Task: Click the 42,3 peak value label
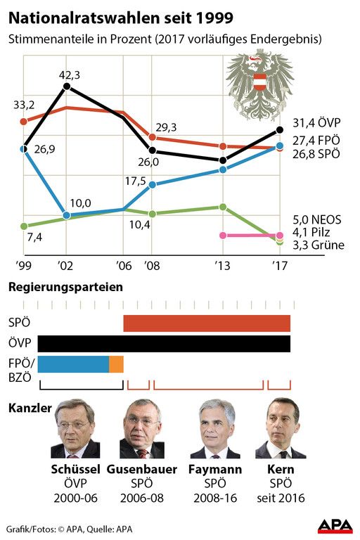69,75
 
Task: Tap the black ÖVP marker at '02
67,86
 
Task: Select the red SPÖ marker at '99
24,122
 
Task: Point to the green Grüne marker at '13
223,207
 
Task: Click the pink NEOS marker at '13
223,236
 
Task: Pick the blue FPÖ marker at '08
153,185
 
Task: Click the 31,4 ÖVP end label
316,122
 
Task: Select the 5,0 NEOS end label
317,219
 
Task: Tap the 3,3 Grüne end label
319,245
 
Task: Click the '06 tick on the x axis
124,266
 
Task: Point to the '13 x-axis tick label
222,266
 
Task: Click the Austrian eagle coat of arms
259,84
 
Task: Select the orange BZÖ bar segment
117,364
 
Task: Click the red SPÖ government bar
207,323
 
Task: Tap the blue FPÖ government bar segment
73,364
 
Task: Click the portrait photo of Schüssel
75,429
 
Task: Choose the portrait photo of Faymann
215,429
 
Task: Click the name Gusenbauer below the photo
142,469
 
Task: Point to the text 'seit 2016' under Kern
281,498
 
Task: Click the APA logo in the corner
335,526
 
